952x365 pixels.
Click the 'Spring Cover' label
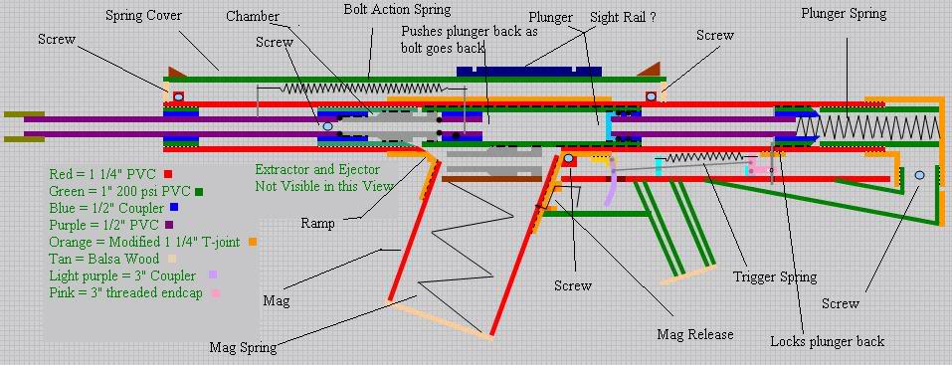[x=143, y=16]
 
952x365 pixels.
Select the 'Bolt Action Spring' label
[x=397, y=10]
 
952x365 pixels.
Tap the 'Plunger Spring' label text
[x=844, y=14]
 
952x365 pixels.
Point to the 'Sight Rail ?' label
[x=623, y=18]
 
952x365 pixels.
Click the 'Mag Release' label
[x=695, y=334]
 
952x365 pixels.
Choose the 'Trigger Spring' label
[x=775, y=277]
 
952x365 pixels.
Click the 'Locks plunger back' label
[x=827, y=341]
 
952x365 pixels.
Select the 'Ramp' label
[x=317, y=224]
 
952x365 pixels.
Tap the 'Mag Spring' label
[x=243, y=347]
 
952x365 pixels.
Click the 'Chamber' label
[x=253, y=16]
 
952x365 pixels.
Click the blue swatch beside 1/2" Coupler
[x=174, y=208]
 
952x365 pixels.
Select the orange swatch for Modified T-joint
[x=253, y=242]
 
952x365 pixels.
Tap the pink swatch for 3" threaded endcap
[x=216, y=293]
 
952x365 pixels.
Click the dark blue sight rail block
[x=529, y=71]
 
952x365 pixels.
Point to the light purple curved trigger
[x=613, y=181]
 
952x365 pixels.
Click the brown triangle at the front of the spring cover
[x=177, y=72]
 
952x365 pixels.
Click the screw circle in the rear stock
[x=919, y=175]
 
